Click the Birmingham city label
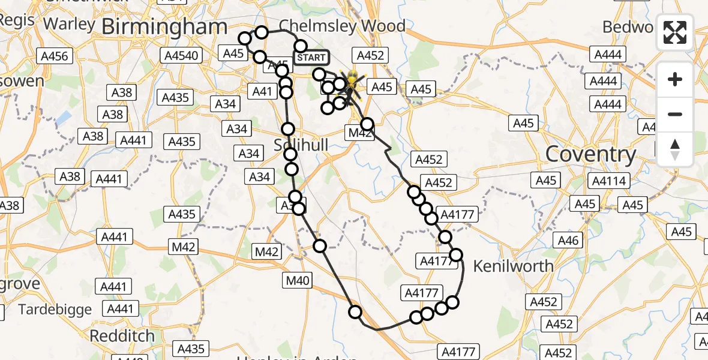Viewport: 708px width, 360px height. point(164,26)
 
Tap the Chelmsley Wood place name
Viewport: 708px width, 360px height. point(343,26)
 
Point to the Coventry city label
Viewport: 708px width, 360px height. point(590,155)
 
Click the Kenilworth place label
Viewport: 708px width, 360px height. point(513,266)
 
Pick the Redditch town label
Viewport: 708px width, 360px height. point(122,335)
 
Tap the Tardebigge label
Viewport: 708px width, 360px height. point(55,310)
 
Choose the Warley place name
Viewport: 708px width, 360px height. point(70,24)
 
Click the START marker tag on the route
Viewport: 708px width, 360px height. point(311,58)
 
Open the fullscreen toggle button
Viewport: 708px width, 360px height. point(675,32)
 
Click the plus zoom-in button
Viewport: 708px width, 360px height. point(675,79)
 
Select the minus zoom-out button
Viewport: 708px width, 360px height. point(675,114)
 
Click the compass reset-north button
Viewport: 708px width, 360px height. point(675,149)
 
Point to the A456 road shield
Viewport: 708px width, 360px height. point(56,57)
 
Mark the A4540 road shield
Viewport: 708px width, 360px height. point(179,56)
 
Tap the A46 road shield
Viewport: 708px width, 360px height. point(568,241)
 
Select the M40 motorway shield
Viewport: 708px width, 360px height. point(297,280)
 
